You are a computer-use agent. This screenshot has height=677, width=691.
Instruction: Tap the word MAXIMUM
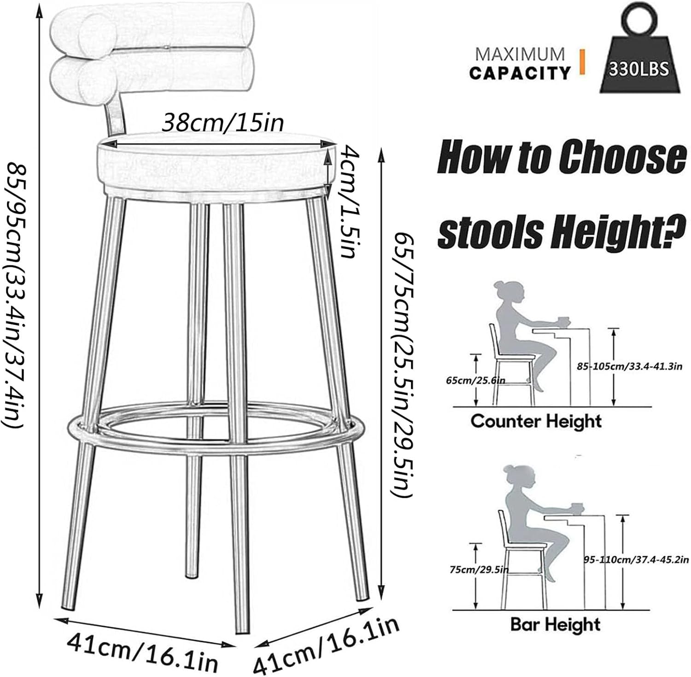(x=520, y=54)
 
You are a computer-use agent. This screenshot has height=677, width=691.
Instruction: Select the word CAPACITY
(x=520, y=73)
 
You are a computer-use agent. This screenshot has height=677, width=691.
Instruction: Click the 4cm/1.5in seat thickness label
(x=347, y=201)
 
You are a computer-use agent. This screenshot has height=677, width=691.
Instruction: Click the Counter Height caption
(x=536, y=421)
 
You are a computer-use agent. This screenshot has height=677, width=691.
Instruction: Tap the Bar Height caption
(x=556, y=624)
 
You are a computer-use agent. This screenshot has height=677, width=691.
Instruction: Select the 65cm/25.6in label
(x=475, y=381)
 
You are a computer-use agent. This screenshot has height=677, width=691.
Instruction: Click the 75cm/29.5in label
(x=479, y=570)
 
